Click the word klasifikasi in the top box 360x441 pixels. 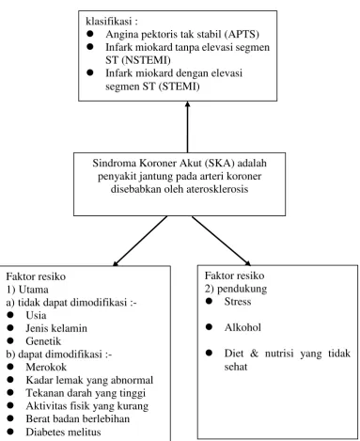[109, 22]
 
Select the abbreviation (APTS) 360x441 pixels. [242, 34]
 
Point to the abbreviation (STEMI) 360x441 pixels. [179, 87]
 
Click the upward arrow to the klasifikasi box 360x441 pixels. [187, 127]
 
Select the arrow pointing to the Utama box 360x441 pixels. [140, 241]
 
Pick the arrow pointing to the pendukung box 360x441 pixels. [222, 241]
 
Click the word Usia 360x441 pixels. [36, 315]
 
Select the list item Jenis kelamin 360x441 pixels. [56, 328]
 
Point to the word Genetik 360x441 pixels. [43, 341]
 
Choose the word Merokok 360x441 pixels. [46, 367]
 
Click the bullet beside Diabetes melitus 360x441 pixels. [10, 432]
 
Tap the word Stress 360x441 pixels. [238, 302]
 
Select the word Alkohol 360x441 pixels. [243, 327]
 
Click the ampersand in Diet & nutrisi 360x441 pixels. [254, 354]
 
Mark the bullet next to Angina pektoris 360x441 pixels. [90, 33]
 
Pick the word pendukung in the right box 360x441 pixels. [242, 289]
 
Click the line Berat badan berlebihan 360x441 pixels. [78, 418]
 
